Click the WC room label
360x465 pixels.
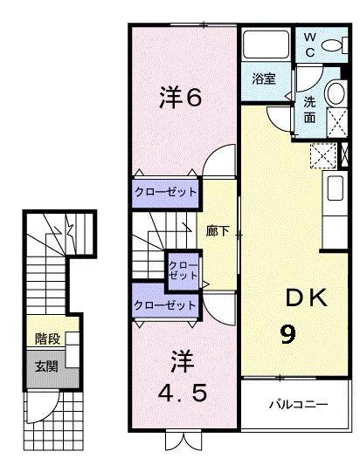(309, 44)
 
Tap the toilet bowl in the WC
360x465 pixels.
(331, 45)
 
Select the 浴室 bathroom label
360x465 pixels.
(264, 79)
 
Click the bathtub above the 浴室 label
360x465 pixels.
(266, 44)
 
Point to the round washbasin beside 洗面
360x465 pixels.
(336, 92)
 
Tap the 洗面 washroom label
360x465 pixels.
(309, 110)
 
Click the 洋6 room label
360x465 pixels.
(181, 97)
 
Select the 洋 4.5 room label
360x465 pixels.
(182, 377)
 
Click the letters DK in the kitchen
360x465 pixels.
(306, 297)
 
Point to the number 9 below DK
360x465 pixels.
(288, 334)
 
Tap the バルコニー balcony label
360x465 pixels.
(298, 404)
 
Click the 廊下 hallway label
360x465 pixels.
(218, 231)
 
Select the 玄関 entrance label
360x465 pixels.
(46, 366)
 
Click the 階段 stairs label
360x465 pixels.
(47, 339)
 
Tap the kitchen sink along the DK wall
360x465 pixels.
(336, 188)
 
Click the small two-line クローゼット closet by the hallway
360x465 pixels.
(183, 270)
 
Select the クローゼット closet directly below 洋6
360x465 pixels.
(165, 193)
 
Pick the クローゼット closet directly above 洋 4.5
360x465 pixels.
(165, 304)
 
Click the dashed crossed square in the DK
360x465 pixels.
(323, 156)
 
